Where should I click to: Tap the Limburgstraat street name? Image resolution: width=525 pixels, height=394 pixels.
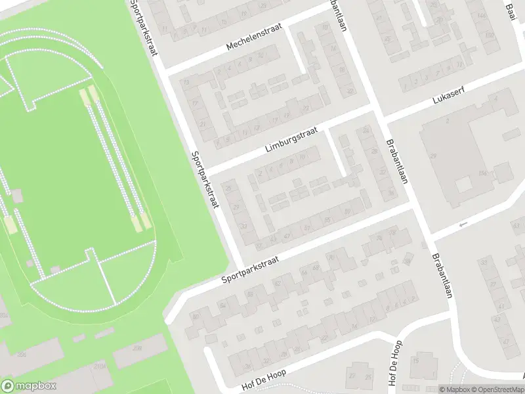click(x=291, y=139)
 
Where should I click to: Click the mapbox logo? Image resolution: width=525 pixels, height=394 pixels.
click(x=29, y=386)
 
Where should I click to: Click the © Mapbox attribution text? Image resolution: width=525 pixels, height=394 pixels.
click(x=455, y=389)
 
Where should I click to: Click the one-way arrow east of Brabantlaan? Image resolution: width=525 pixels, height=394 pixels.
click(x=463, y=225)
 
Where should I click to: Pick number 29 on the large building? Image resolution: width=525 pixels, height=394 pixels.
click(x=433, y=156)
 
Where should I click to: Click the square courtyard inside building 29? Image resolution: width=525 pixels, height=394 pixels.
click(x=464, y=184)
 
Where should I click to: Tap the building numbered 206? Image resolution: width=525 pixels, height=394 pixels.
click(x=22, y=355)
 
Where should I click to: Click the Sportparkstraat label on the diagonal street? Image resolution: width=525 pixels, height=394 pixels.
click(x=250, y=270)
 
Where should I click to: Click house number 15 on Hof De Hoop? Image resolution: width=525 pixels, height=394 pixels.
click(x=415, y=360)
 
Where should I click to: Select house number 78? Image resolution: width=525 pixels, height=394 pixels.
click(x=393, y=232)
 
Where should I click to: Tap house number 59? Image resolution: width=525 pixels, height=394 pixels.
click(x=346, y=211)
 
